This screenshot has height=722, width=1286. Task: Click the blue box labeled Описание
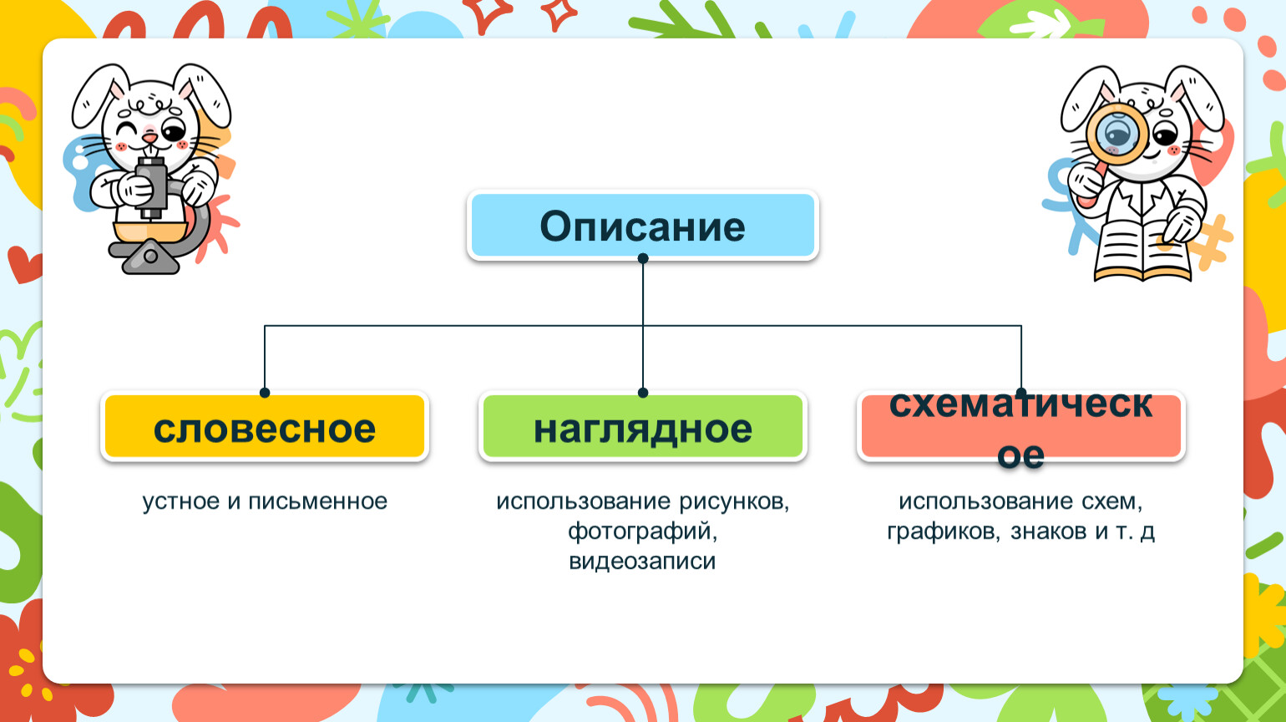(x=642, y=225)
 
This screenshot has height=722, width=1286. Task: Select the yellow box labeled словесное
(x=265, y=426)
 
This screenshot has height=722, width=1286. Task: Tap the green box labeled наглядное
(x=642, y=426)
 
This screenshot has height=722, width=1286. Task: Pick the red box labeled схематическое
(x=1020, y=426)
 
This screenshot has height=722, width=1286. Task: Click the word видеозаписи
(x=642, y=562)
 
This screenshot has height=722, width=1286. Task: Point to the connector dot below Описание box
(x=643, y=258)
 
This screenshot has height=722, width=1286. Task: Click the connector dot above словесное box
(x=265, y=393)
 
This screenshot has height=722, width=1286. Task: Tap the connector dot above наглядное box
(x=643, y=393)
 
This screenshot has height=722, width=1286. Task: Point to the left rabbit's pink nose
(x=149, y=139)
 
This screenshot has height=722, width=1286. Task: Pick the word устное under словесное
(x=181, y=502)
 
